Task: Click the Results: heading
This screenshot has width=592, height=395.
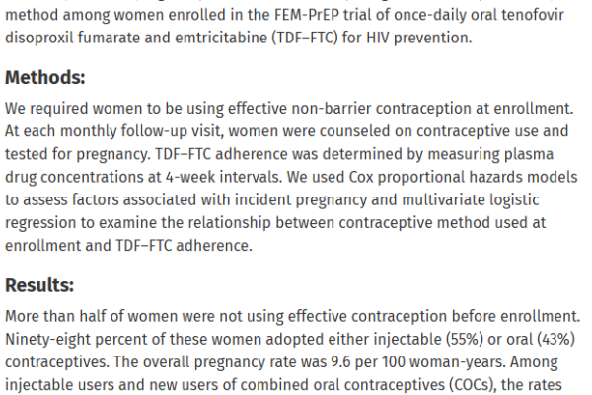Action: coord(40,285)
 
